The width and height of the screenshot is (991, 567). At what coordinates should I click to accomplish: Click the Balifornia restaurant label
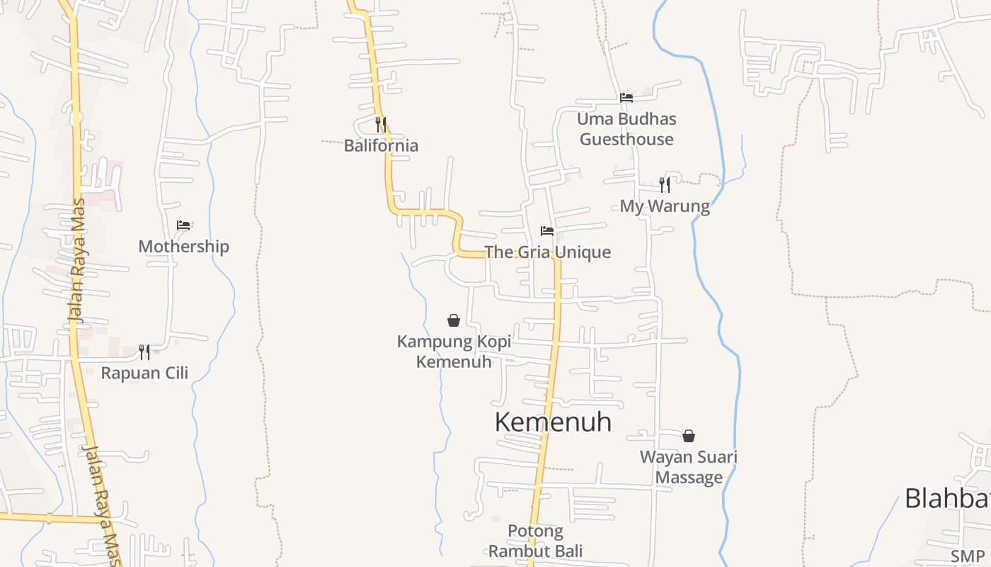[x=381, y=146]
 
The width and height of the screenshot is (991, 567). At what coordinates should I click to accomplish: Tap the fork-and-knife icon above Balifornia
[x=381, y=125]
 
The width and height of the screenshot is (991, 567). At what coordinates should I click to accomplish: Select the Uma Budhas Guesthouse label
[x=626, y=129]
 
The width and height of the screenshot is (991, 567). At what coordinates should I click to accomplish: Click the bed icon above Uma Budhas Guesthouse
[x=626, y=98]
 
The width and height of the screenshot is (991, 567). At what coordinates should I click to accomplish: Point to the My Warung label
[x=665, y=206]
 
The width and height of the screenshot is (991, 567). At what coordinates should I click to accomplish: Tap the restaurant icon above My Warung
[x=665, y=185]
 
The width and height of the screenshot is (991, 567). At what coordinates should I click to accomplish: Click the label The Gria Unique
[x=547, y=252]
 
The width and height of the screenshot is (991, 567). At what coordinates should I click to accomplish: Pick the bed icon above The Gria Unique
[x=547, y=231]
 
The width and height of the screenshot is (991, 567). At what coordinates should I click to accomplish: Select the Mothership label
[x=183, y=247]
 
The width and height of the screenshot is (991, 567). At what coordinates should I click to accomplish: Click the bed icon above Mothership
[x=183, y=225]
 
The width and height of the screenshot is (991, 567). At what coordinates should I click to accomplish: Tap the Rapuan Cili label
[x=144, y=373]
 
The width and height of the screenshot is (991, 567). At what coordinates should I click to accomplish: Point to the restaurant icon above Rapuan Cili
[x=144, y=352]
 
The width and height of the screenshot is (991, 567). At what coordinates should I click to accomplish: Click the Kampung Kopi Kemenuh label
[x=454, y=352]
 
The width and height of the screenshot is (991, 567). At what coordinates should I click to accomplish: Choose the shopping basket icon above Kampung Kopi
[x=454, y=321]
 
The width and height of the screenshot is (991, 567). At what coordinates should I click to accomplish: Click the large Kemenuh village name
[x=553, y=422]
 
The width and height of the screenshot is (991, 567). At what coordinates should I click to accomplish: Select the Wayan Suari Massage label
[x=689, y=467]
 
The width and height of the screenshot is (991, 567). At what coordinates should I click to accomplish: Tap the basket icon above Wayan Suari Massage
[x=689, y=436]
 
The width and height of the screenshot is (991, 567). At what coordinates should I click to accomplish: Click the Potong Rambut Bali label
[x=535, y=541]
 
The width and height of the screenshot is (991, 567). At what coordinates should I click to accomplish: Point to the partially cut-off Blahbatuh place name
[x=947, y=498]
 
